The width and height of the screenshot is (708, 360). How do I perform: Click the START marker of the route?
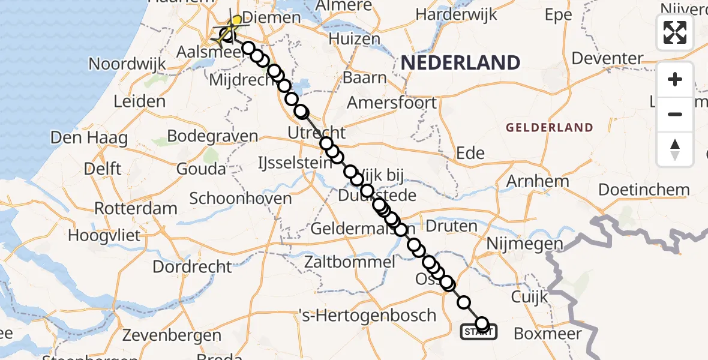pyautogui.click(x=478, y=331)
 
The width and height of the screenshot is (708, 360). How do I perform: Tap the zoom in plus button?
pyautogui.click(x=675, y=80)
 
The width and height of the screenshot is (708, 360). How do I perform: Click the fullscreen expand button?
pyautogui.click(x=675, y=32)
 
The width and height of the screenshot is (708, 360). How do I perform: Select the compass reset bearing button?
pyautogui.click(x=675, y=149)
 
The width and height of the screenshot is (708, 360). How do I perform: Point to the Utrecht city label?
pyautogui.click(x=317, y=133)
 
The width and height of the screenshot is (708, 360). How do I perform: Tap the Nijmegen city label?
pyautogui.click(x=525, y=244)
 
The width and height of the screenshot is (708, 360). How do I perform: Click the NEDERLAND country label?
pyautogui.click(x=460, y=62)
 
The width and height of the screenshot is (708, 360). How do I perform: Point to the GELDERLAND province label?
pyautogui.click(x=550, y=127)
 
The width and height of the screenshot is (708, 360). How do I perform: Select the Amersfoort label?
pyautogui.click(x=392, y=103)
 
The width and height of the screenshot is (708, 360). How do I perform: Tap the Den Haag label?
pyautogui.click(x=89, y=138)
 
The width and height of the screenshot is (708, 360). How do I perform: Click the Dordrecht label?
pyautogui.click(x=192, y=266)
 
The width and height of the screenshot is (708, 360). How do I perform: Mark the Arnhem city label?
pyautogui.click(x=538, y=181)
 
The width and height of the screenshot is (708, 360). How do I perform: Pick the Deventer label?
pyautogui.click(x=608, y=59)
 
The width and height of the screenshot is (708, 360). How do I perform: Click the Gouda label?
pyautogui.click(x=201, y=169)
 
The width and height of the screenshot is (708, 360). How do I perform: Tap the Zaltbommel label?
pyautogui.click(x=350, y=262)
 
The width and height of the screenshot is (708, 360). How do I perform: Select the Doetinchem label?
pyautogui.click(x=644, y=190)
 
